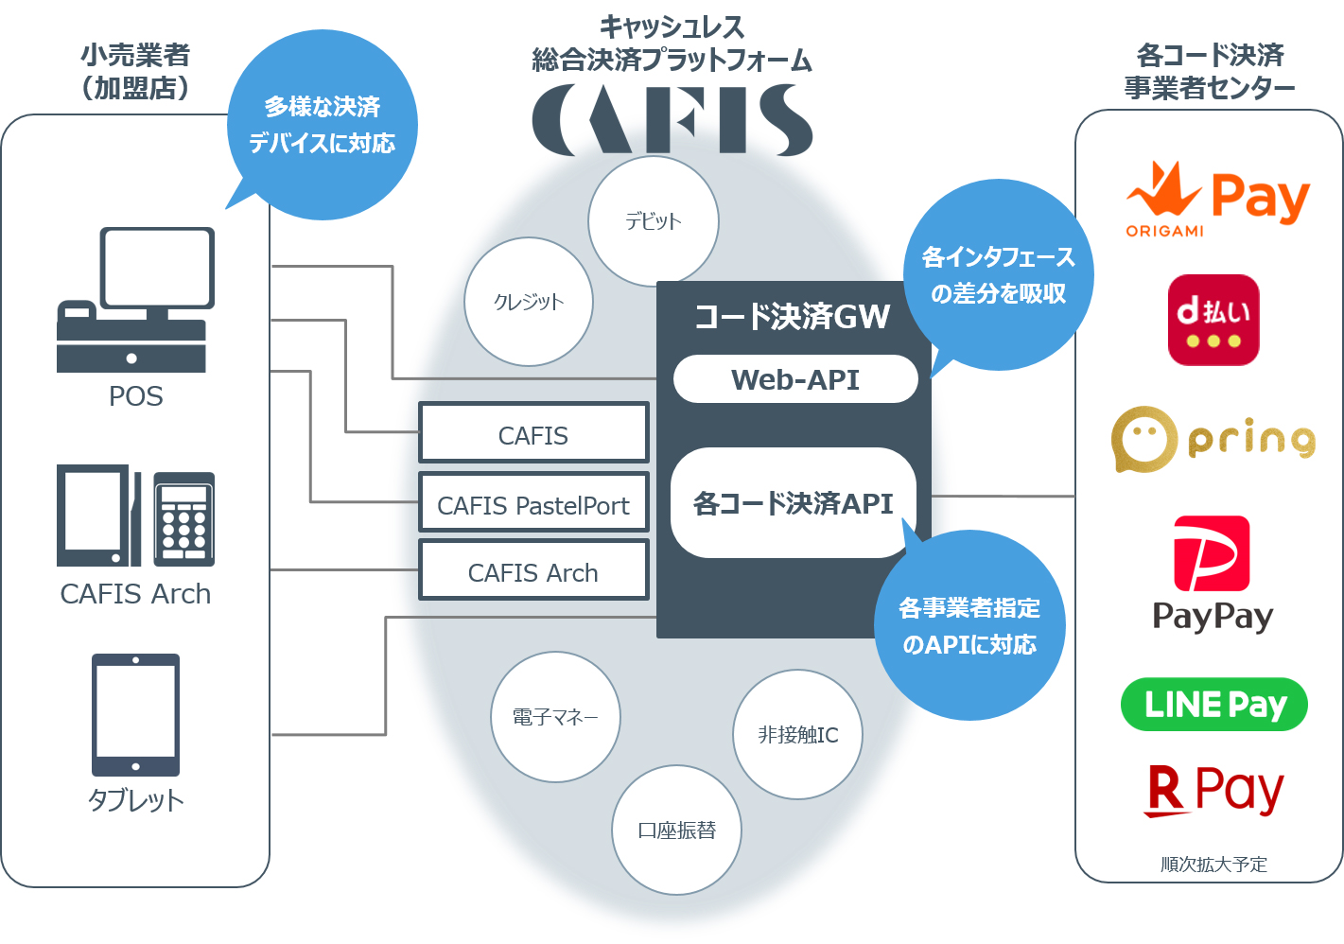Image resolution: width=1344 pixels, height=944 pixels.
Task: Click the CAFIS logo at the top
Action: coord(672,120)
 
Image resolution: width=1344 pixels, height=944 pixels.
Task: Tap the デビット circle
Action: coord(654,221)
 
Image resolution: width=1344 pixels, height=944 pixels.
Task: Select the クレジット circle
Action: coord(529,302)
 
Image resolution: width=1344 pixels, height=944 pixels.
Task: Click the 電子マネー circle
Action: coord(555,717)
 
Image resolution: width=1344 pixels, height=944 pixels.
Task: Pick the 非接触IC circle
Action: coord(797,735)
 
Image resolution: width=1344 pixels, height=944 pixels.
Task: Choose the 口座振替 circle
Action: coord(676,830)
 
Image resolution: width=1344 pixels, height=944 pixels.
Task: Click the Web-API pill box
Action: coord(795,379)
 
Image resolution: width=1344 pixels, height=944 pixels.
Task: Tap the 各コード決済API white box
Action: coord(793,503)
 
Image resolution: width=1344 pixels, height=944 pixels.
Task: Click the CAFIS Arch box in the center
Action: coord(533,571)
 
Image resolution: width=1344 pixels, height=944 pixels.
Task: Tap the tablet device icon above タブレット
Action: coord(135,715)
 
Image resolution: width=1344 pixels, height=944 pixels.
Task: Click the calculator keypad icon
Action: coord(183,518)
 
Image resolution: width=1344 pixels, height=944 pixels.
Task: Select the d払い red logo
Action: coord(1213,320)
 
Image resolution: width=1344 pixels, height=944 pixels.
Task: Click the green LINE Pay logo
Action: coord(1214,705)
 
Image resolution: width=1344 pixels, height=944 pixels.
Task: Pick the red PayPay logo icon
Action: coord(1212,553)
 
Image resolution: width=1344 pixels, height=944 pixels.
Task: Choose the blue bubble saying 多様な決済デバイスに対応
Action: coord(323,125)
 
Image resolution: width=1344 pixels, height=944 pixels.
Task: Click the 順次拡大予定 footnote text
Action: coord(1213,864)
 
